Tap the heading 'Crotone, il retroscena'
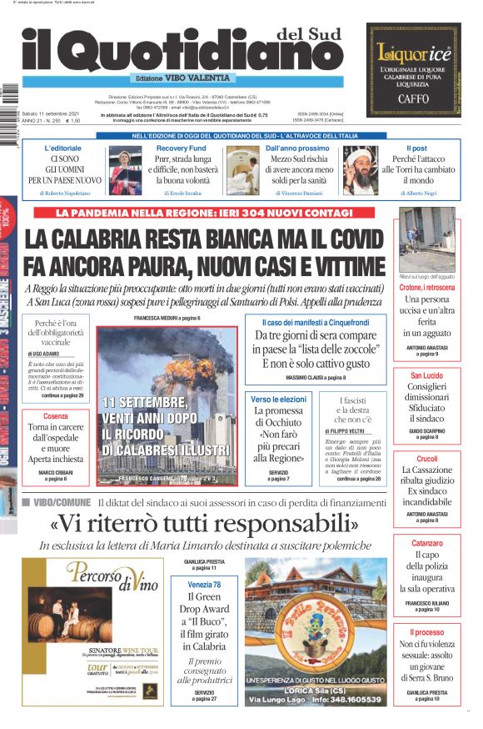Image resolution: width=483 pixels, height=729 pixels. point(427,288)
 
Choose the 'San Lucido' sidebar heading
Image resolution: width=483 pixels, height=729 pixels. point(427,375)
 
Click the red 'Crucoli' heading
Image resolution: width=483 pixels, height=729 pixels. point(427,459)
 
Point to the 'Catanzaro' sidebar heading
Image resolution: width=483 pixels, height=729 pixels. point(427,543)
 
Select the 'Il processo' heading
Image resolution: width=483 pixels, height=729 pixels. point(427,633)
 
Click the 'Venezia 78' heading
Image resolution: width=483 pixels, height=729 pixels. point(205,584)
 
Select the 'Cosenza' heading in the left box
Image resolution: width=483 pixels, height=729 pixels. point(56,416)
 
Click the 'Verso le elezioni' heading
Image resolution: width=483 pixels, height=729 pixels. point(279,400)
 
